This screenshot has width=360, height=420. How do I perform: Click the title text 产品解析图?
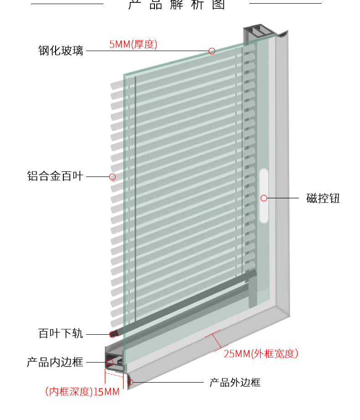point(177,5)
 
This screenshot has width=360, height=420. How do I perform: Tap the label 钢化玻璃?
point(61,51)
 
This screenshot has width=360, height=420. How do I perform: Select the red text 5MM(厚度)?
point(133,45)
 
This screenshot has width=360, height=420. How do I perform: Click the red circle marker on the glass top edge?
point(212,51)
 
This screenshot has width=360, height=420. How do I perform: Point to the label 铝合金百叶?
point(55,176)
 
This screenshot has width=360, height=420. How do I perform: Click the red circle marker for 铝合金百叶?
point(112,176)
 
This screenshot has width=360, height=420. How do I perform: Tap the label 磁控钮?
point(323,198)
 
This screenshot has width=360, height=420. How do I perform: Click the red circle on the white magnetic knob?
point(263,198)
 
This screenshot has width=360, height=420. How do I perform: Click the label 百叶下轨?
point(61,334)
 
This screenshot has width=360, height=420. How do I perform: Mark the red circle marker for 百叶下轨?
point(112,334)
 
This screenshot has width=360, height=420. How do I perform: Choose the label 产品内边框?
point(55,363)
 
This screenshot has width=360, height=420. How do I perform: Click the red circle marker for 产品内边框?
point(110,363)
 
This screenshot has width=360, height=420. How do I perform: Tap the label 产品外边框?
point(235,382)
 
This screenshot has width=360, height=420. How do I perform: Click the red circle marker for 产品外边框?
point(130,382)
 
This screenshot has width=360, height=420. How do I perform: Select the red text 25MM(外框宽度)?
point(261,353)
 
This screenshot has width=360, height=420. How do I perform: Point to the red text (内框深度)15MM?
point(82,391)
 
